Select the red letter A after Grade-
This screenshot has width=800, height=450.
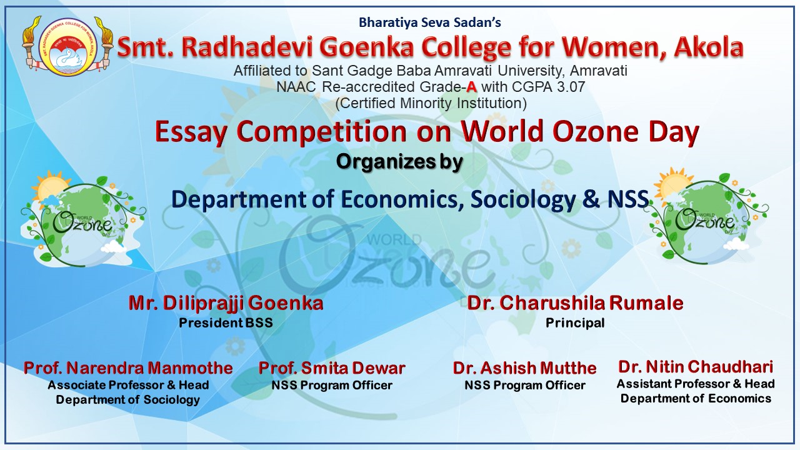pos(471,87)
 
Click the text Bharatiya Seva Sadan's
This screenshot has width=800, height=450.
pos(430,22)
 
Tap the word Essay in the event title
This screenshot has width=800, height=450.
pos(191,132)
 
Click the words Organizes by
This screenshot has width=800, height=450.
pos(399,162)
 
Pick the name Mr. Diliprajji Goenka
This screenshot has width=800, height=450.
pos(226,303)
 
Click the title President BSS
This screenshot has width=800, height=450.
pos(226,323)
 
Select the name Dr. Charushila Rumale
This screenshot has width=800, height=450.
pos(575,303)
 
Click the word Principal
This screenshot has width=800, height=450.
pos(575,323)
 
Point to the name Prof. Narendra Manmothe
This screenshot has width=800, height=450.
pos(128,368)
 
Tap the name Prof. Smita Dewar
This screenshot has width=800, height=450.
pos(332,368)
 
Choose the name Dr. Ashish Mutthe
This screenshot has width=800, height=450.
pos(524,368)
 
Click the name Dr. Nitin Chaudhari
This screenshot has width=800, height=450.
pos(696,367)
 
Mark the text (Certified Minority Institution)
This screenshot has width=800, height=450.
pos(431,103)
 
